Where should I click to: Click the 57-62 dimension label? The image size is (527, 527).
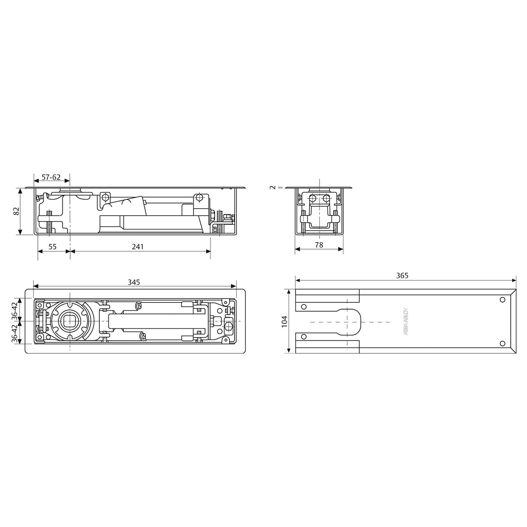(51, 177)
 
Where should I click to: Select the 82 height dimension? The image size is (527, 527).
(17, 211)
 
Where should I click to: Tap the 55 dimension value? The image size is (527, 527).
(52, 247)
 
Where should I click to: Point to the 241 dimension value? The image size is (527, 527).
(138, 247)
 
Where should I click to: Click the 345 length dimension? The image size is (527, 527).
(134, 282)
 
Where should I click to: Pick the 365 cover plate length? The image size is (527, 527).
(402, 276)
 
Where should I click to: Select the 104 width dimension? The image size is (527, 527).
(284, 321)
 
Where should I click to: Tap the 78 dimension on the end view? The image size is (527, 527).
(319, 245)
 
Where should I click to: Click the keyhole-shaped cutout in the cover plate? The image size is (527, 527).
(349, 321)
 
